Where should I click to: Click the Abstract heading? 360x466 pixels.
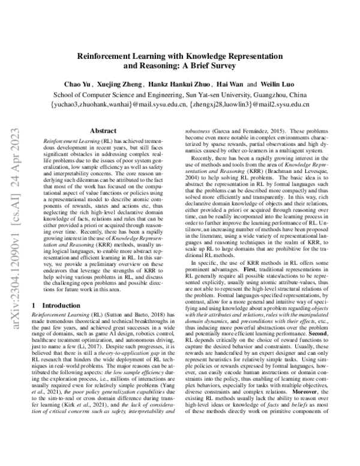tap(103, 130)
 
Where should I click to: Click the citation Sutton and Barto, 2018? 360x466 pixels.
tap(131, 315)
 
